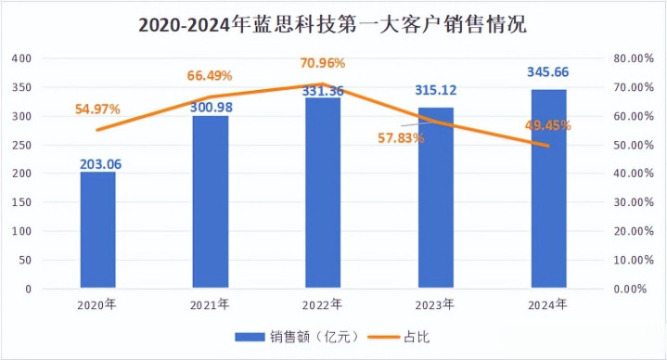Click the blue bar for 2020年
pos(97,230)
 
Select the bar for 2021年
pos(211,201)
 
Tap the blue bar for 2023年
pos(436,198)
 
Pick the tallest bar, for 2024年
pos(549,189)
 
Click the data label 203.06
pos(101,164)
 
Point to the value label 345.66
pos(548,72)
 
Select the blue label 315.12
pos(436,90)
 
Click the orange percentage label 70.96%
pos(323,63)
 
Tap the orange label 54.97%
pos(97,109)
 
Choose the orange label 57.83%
pos(401,138)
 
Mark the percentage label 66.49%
pos(210,76)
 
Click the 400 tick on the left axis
pos(21,58)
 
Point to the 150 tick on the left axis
pos(21,202)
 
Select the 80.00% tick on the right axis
pos(634,58)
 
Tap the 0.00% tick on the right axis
pos(630,289)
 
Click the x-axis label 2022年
pos(322,304)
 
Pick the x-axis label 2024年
pos(547,304)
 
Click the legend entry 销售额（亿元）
pos(298,337)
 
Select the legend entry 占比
pos(399,337)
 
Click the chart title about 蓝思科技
pos(333,25)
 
